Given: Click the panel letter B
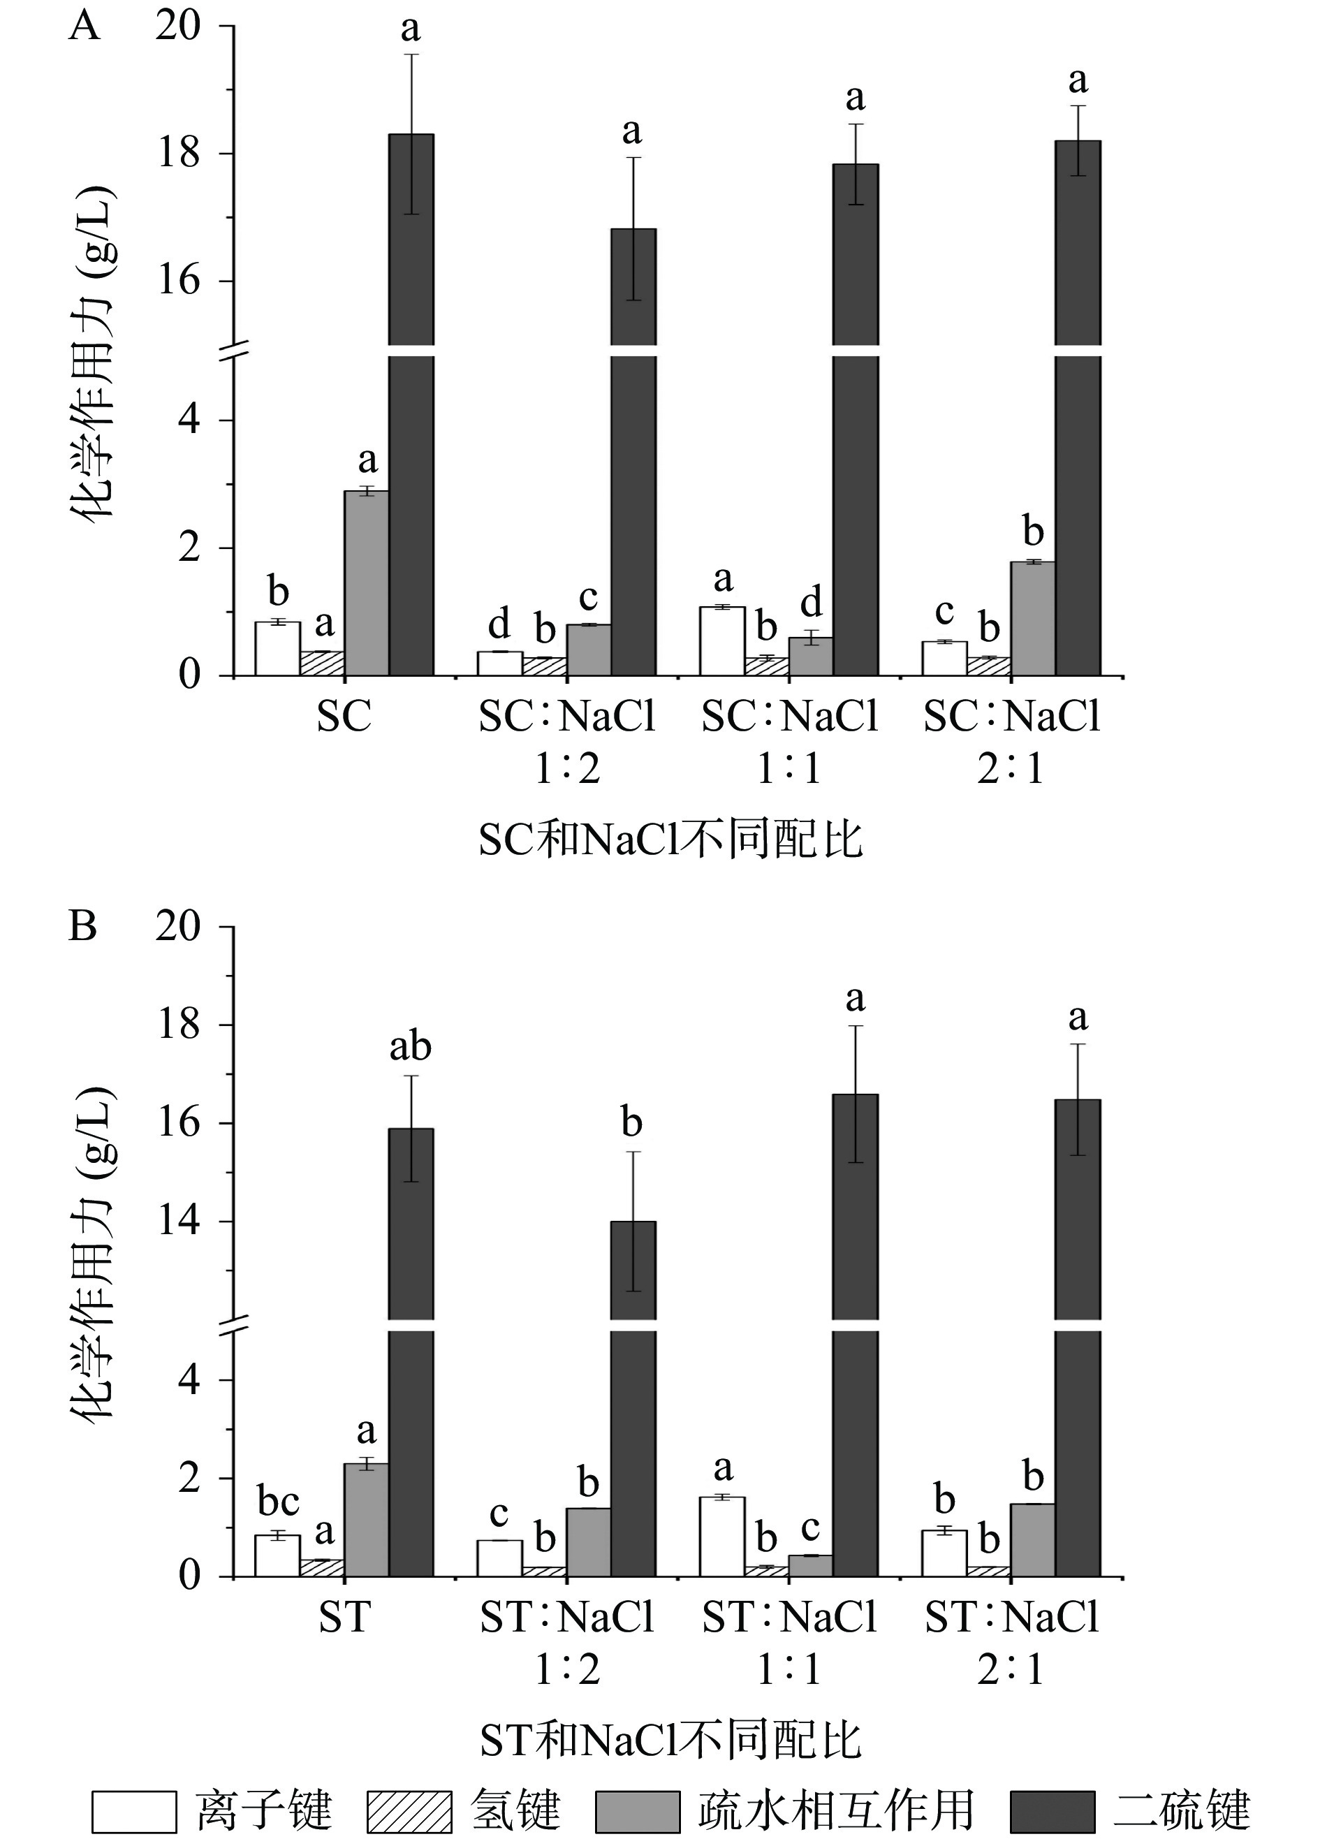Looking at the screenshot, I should pyautogui.click(x=82, y=926).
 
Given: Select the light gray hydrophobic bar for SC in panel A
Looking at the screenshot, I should pyautogui.click(x=367, y=583).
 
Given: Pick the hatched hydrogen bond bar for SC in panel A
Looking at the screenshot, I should pyautogui.click(x=322, y=664).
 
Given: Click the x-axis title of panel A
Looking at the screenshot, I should pyautogui.click(x=670, y=840).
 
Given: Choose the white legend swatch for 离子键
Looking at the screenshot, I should pyautogui.click(x=134, y=1810).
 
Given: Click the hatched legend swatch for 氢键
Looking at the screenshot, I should pyautogui.click(x=409, y=1810).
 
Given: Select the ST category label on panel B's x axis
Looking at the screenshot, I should pyautogui.click(x=344, y=1618).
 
